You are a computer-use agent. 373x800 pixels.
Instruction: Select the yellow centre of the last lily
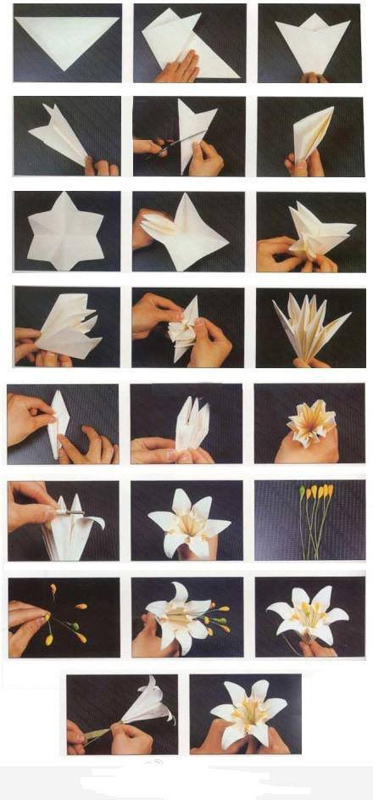(x=245, y=713)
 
